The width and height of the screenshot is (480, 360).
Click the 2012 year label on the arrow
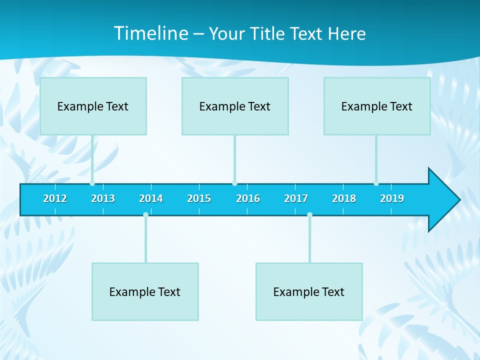(x=55, y=198)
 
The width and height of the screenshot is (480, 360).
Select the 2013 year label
(x=103, y=198)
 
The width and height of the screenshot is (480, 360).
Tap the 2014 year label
(x=151, y=198)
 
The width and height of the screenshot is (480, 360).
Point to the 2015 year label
(x=199, y=198)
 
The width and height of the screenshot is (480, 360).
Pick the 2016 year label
(x=248, y=198)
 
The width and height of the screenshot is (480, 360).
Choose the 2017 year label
(x=296, y=198)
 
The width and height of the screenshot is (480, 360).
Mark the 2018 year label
(x=344, y=198)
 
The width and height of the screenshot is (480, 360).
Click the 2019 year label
(x=392, y=198)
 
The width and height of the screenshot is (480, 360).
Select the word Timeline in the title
(x=150, y=33)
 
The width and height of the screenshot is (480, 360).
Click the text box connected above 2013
(x=93, y=106)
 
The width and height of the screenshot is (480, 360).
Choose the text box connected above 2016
(x=235, y=106)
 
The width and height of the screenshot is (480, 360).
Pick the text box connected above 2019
(x=377, y=106)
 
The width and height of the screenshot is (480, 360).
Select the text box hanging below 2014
(x=145, y=291)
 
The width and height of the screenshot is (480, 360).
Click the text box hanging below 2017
(x=309, y=291)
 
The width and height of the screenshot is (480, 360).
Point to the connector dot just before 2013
(x=92, y=183)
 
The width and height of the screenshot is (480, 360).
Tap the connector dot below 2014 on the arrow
(x=145, y=214)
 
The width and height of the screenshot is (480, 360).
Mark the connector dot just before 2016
(x=234, y=183)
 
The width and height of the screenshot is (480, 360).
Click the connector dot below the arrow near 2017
(x=309, y=214)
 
